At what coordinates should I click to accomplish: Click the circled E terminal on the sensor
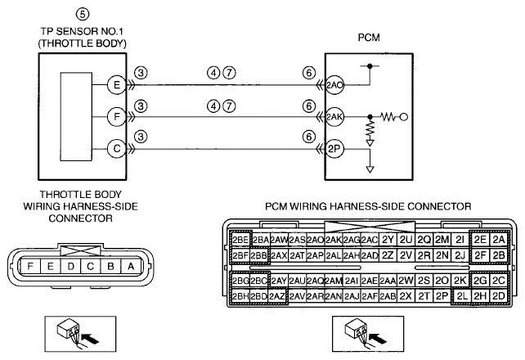coord(116,85)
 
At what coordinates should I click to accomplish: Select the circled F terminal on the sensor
coord(116,116)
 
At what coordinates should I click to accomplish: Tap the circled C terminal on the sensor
coord(116,148)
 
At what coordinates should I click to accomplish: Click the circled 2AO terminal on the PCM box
coord(334,85)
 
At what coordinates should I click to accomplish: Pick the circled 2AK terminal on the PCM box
coord(334,117)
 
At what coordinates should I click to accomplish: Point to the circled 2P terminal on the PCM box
coord(334,149)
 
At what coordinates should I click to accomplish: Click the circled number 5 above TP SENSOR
coord(83,14)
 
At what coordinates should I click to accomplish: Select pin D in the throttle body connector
coord(70,267)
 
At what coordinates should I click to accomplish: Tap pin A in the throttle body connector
coord(131,267)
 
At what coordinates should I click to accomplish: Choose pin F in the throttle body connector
coord(30,267)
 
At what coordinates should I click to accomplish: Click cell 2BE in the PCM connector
coord(240,240)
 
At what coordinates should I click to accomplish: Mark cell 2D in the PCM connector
coord(499,296)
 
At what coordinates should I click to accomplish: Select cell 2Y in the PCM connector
coord(388,240)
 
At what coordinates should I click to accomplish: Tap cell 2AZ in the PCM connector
coord(277,296)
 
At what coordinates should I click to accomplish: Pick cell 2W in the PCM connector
coord(406,281)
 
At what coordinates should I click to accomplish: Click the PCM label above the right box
coord(369,37)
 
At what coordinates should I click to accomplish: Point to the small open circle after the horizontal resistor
coord(404,117)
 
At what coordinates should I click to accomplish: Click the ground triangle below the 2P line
coord(370,169)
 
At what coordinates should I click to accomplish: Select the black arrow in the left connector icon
coord(91,339)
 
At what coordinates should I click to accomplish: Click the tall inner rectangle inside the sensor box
coord(76,116)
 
